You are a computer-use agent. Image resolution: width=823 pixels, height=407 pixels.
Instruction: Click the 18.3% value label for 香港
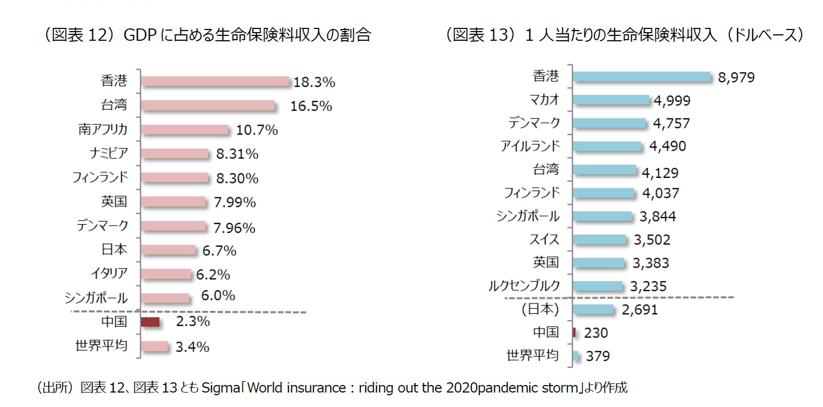[314, 83]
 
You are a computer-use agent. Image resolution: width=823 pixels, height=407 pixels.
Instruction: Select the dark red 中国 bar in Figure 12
[150, 322]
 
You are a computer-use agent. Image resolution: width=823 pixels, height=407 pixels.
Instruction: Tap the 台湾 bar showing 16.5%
[208, 105]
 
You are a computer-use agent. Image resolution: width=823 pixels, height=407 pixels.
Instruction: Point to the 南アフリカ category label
[102, 129]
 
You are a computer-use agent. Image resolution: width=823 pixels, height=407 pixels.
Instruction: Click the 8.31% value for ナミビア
[237, 154]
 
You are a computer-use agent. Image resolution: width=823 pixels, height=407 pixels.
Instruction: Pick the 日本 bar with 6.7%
[169, 250]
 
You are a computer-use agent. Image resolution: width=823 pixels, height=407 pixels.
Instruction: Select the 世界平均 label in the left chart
[101, 345]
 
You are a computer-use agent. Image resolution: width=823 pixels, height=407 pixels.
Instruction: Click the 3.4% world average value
[192, 347]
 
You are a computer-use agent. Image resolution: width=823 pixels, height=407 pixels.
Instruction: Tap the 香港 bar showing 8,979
[642, 77]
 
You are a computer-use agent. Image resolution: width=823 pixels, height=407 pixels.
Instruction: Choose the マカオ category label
[543, 99]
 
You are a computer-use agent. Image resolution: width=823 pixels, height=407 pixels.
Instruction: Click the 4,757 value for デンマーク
[671, 123]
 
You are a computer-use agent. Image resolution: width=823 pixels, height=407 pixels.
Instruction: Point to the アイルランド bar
[607, 146]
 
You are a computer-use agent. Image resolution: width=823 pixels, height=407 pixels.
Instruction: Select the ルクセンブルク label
[523, 286]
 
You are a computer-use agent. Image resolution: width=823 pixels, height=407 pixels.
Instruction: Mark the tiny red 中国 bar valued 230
[574, 332]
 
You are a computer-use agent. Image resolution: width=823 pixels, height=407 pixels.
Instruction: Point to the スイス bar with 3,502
[599, 239]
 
